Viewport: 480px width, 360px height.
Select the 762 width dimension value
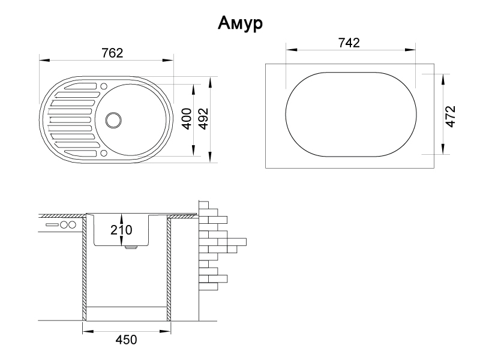[x=112, y=53]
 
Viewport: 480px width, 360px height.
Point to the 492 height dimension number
[x=203, y=119]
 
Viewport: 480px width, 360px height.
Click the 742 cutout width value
[x=349, y=43]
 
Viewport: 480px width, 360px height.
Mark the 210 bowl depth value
[x=121, y=229]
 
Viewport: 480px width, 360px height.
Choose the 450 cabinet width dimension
[x=126, y=340]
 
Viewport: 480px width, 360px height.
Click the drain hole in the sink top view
[x=112, y=119]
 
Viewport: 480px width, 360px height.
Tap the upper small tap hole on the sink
[x=104, y=85]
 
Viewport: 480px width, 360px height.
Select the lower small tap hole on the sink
[x=104, y=153]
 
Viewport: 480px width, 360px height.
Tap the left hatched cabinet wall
[x=85, y=267]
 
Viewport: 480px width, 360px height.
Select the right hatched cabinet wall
[x=170, y=267]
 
